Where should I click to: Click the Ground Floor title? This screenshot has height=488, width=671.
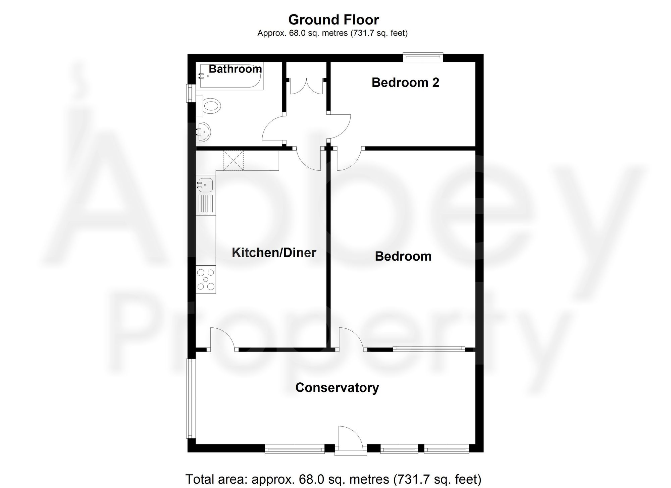tap(333, 20)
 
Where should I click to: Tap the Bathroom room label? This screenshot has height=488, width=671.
tap(235, 69)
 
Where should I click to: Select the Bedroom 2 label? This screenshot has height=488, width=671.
tap(405, 83)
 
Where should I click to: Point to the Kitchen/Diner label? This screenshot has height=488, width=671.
tap(274, 253)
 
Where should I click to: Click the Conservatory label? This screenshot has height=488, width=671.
tap(337, 388)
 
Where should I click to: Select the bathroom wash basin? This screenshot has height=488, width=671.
tap(203, 131)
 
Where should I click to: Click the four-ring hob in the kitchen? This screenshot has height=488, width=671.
tap(206, 279)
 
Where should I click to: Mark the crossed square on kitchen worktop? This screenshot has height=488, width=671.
tap(234, 161)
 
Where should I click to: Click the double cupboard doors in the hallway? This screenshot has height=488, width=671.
tap(306, 86)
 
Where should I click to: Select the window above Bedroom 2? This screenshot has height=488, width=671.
tap(423, 57)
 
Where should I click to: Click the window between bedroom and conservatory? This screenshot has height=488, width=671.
tap(429, 349)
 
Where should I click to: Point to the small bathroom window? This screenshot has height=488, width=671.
tap(190, 93)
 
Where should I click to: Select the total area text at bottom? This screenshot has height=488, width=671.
tap(333, 479)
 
